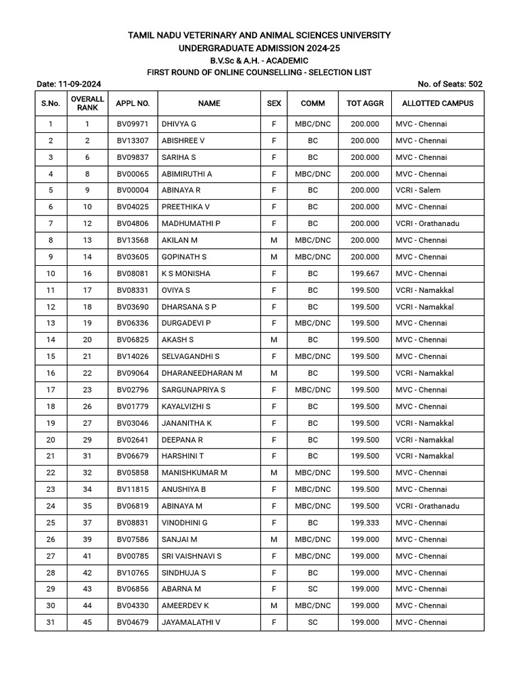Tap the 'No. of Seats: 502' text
pyautogui.click(x=450, y=84)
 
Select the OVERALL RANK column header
pyautogui.click(x=87, y=103)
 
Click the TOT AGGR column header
pyautogui.click(x=365, y=103)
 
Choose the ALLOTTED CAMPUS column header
pyautogui.click(x=438, y=103)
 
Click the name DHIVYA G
pyautogui.click(x=179, y=124)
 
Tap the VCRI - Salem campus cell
pyautogui.click(x=418, y=190)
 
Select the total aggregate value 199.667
pyautogui.click(x=365, y=273)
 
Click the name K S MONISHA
pyautogui.click(x=186, y=273)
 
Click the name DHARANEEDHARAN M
pyautogui.click(x=202, y=373)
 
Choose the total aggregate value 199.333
pyautogui.click(x=365, y=523)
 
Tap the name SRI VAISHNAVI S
pyautogui.click(x=192, y=556)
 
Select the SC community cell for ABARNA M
pyautogui.click(x=312, y=589)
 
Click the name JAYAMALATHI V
pyautogui.click(x=191, y=622)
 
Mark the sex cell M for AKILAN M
pyautogui.click(x=274, y=240)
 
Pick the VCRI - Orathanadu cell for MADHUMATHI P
pyautogui.click(x=427, y=223)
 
